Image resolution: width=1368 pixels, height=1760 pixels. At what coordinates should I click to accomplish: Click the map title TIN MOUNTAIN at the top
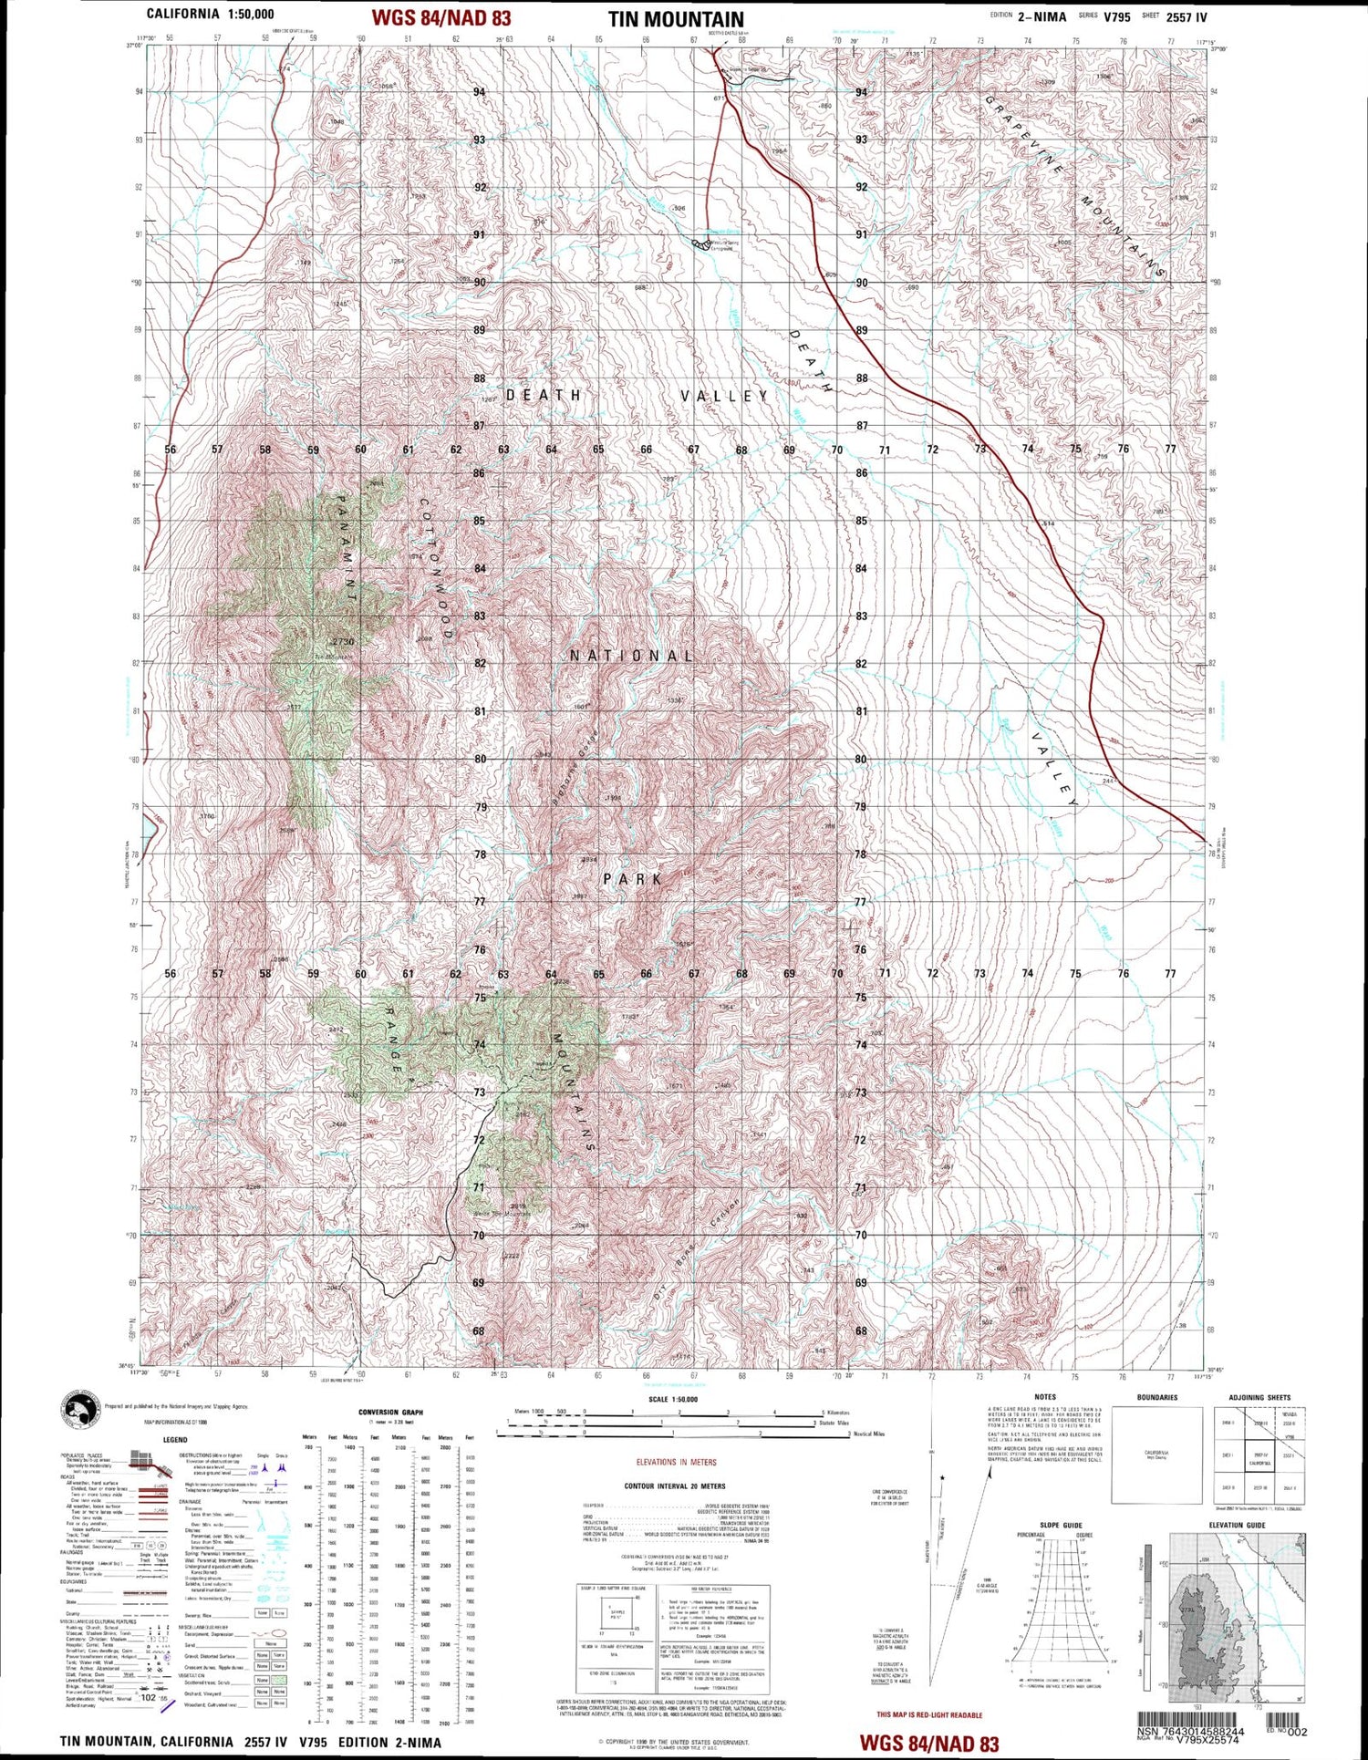coord(676,19)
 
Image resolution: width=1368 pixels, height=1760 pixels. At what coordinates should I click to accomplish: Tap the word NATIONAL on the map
coord(631,656)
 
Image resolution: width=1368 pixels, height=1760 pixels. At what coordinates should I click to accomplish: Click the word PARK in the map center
coord(631,879)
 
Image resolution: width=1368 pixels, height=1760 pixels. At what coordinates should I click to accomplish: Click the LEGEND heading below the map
coord(174,1440)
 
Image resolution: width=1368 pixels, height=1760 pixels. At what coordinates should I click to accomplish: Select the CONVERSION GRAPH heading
coord(390,1413)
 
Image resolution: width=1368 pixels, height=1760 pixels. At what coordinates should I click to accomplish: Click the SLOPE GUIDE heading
coord(1061,1525)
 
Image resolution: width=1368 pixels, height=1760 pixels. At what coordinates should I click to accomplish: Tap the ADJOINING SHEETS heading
coord(1259,1398)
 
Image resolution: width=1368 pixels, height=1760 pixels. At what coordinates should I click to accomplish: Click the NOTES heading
coord(1045,1397)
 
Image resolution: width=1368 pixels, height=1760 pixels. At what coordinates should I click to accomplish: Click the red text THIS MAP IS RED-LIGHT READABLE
coord(929,1715)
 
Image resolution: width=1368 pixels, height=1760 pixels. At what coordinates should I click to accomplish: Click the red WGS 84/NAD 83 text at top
coord(440,18)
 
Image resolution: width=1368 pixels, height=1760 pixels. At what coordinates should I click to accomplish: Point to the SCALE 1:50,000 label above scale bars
coord(672,1399)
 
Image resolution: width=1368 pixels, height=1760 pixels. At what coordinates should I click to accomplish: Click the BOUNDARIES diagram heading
coord(1156,1398)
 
